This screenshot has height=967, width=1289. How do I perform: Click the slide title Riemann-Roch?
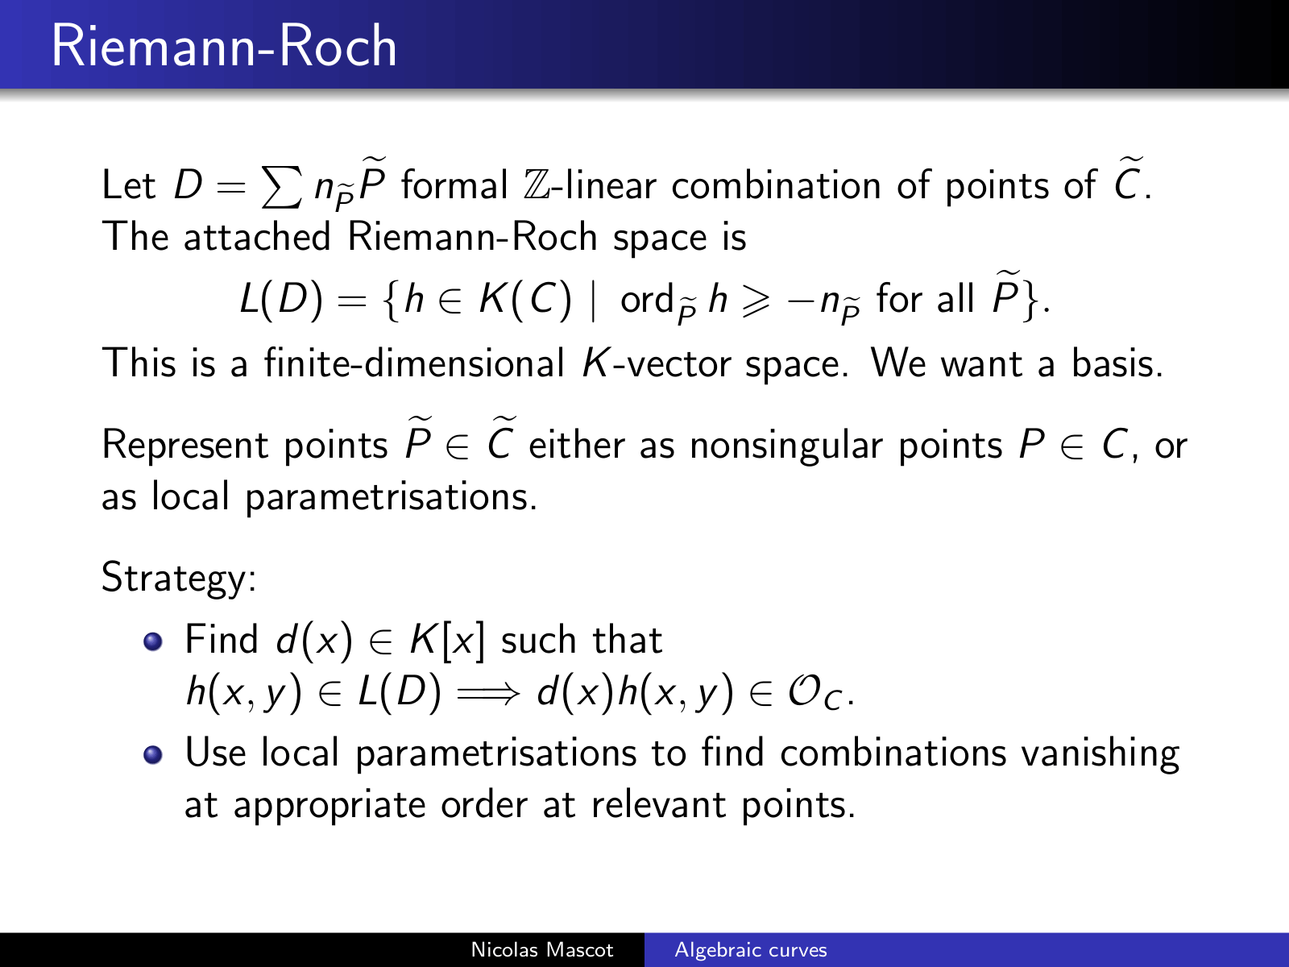(x=224, y=46)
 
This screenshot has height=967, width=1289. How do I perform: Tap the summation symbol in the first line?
(x=282, y=187)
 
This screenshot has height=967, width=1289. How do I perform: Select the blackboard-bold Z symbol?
(x=537, y=185)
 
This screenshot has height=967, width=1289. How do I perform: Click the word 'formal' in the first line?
(x=454, y=185)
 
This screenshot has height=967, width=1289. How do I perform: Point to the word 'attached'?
(x=257, y=237)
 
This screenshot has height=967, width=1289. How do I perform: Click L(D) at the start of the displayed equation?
(x=281, y=300)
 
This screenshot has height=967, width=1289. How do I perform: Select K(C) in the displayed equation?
(x=525, y=300)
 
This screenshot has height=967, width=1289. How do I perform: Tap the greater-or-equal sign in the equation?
(x=756, y=301)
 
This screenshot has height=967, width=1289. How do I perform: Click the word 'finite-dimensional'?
(x=414, y=363)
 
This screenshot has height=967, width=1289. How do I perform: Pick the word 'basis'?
(x=1117, y=363)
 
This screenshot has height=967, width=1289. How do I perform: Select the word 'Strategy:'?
(x=179, y=579)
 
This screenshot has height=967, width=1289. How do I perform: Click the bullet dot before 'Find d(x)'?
(x=153, y=641)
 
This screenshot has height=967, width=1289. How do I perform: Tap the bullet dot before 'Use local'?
(x=153, y=754)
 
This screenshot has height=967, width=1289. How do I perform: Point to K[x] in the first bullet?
(x=447, y=640)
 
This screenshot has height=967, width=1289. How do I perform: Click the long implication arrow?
(x=488, y=693)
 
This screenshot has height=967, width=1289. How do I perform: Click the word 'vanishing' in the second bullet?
(x=1100, y=753)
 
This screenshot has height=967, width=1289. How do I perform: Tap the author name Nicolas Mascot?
(x=542, y=949)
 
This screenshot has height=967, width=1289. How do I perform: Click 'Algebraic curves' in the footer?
(x=751, y=949)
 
